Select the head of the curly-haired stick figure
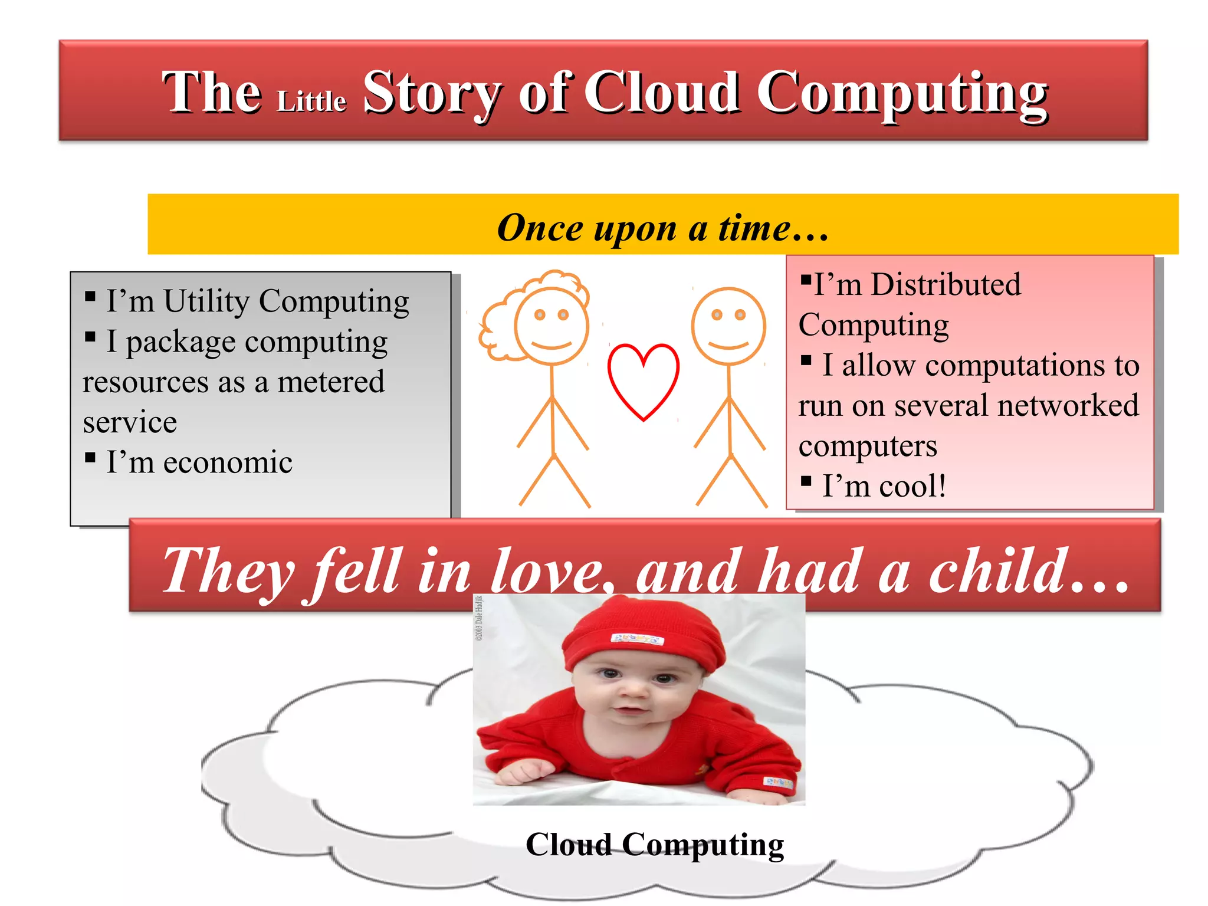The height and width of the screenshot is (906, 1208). point(552,326)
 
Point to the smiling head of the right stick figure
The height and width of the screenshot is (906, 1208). point(728,326)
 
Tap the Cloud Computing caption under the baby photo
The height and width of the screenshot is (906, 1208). point(655,844)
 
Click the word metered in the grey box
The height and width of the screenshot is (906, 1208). point(331,382)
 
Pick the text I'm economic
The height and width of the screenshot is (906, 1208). point(199,462)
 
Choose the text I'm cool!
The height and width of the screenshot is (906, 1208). point(884,486)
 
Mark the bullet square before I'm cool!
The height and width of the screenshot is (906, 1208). point(806,481)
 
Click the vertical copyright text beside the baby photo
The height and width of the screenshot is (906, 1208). point(480,618)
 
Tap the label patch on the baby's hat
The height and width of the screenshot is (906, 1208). point(637,639)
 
